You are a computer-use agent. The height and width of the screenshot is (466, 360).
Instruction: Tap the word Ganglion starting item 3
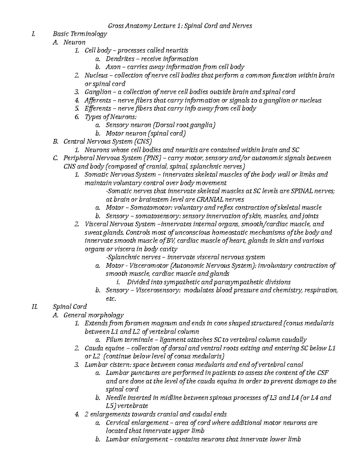[x=98, y=92]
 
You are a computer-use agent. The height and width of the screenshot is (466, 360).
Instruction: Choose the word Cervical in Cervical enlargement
[x=118, y=423]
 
